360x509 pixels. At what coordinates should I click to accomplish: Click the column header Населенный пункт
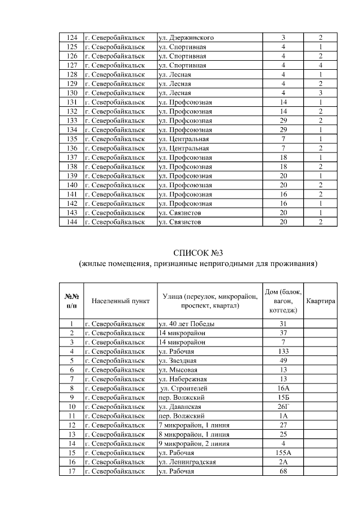click(120, 301)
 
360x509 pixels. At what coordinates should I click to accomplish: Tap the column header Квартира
click(321, 301)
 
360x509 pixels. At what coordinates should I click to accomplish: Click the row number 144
click(71, 222)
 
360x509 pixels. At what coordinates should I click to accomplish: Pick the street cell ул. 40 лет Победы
click(186, 323)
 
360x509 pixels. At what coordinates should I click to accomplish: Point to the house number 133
click(283, 351)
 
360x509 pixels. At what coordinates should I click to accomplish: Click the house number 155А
click(283, 453)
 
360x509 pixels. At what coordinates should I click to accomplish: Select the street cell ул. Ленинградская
click(188, 462)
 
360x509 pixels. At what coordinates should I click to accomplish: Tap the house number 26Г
click(283, 406)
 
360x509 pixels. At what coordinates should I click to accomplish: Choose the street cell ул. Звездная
click(179, 361)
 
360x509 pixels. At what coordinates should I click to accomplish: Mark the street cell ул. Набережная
click(183, 379)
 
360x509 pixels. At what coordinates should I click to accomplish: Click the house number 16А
click(283, 388)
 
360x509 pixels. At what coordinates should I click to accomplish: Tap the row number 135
click(71, 139)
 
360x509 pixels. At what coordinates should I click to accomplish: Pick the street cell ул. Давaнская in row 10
click(181, 406)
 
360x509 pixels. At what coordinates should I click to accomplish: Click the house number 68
click(283, 471)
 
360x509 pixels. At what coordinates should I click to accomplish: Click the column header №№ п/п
click(71, 301)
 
